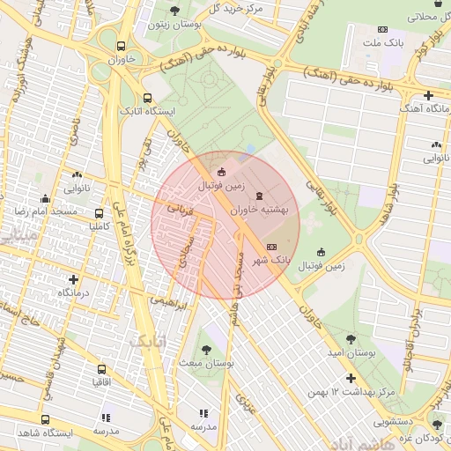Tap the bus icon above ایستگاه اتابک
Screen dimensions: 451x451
147,99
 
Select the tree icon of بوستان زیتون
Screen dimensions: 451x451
174,11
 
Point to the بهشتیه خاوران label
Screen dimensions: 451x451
259,211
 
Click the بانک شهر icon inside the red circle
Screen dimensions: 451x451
271,248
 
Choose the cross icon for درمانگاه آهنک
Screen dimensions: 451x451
428,94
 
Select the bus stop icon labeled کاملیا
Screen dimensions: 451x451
99,213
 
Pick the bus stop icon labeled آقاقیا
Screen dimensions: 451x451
101,370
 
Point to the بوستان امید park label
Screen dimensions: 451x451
351,352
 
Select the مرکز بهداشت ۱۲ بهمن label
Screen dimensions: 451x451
353,390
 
